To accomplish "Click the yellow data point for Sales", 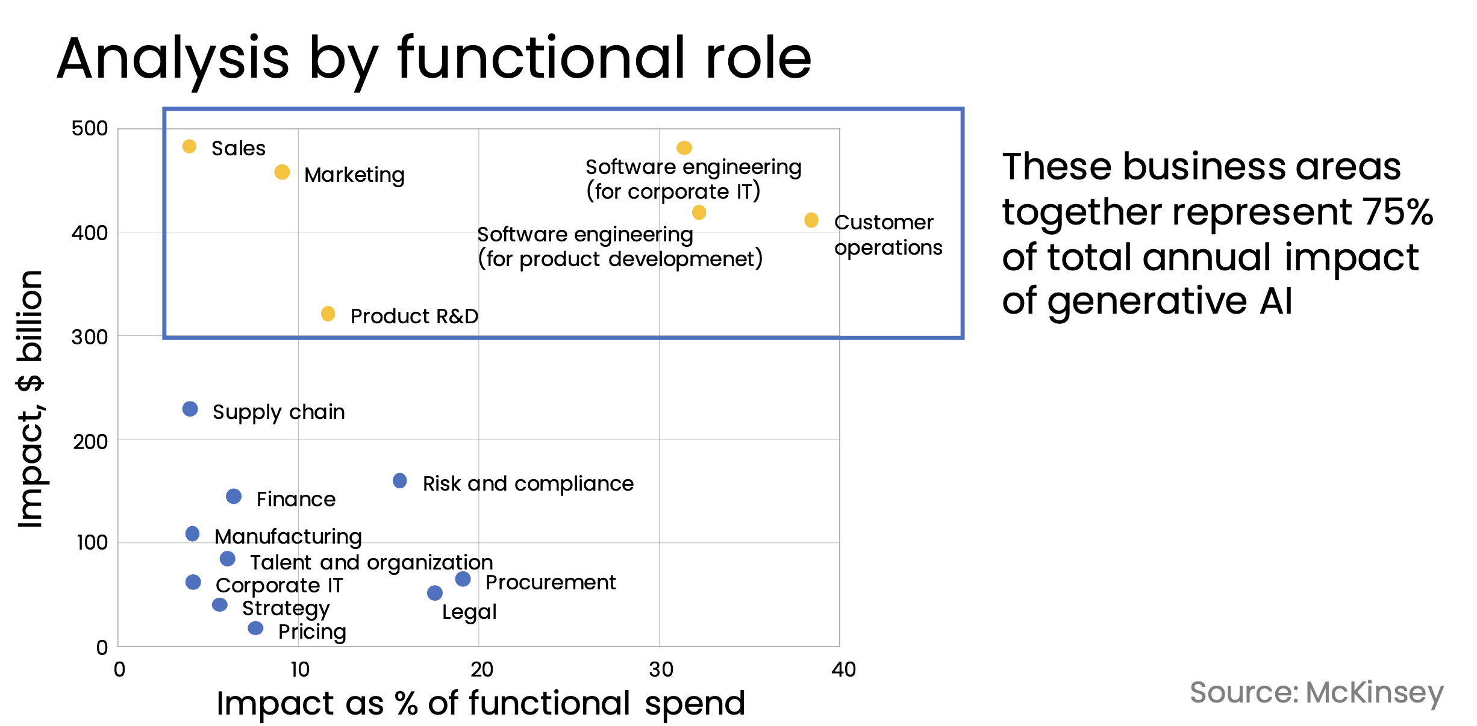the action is click(x=189, y=146).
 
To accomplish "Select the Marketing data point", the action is click(x=282, y=172).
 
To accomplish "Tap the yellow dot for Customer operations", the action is click(x=811, y=220).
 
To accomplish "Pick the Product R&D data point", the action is click(x=328, y=314).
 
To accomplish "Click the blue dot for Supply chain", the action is click(x=190, y=409).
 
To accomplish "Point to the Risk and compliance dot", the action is click(x=399, y=481).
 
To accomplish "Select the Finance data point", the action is click(x=234, y=497).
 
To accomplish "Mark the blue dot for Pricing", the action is click(x=255, y=628).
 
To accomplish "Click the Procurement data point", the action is click(x=463, y=579).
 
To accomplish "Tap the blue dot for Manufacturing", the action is click(x=192, y=534).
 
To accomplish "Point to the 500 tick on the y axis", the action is click(x=90, y=128).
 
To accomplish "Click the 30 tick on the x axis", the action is click(x=661, y=669).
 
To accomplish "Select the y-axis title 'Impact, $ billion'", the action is click(x=30, y=399).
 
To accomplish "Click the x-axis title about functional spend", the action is click(x=481, y=704).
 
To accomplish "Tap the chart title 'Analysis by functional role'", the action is click(x=434, y=59).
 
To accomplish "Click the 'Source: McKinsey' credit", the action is click(x=1317, y=693).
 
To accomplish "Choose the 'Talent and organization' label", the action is click(x=372, y=562).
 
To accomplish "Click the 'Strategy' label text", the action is click(x=286, y=609).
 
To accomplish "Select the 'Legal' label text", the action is click(x=469, y=612).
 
